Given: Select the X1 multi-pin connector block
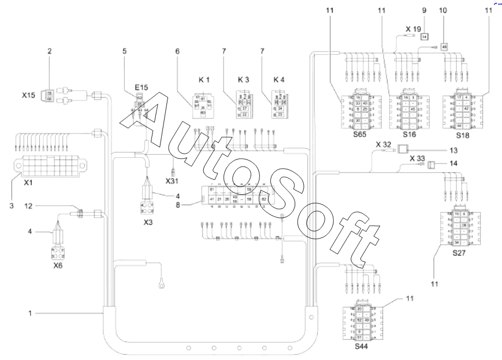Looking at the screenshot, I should (47, 165).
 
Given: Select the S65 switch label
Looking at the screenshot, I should (360, 133).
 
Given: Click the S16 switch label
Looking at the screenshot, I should (410, 133).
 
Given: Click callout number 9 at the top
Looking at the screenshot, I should (424, 10).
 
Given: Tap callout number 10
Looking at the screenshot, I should (444, 10).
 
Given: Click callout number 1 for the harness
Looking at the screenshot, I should (29, 313).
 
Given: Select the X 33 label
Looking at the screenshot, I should (417, 158).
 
